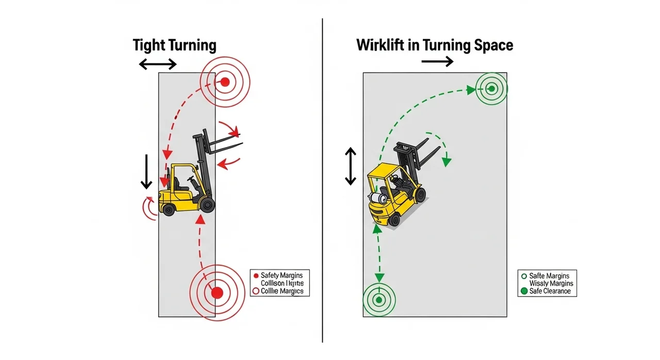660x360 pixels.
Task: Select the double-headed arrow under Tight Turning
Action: pyautogui.click(x=158, y=64)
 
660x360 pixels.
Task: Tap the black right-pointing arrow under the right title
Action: pyautogui.click(x=437, y=62)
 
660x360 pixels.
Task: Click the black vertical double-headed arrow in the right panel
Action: pyautogui.click(x=351, y=166)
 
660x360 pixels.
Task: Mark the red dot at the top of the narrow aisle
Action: pyautogui.click(x=225, y=81)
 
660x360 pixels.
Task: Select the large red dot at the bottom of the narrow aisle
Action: pyautogui.click(x=217, y=293)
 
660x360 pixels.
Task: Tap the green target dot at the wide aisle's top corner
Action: pyautogui.click(x=492, y=89)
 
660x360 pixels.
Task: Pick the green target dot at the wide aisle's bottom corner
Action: pyautogui.click(x=379, y=300)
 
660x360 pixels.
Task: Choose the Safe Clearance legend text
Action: pyautogui.click(x=550, y=291)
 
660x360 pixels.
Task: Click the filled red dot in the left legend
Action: pyautogui.click(x=255, y=275)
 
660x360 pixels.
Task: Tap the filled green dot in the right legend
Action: pyautogui.click(x=524, y=291)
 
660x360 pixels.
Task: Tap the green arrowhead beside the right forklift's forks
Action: pyautogui.click(x=447, y=161)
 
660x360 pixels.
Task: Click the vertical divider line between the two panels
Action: pyautogui.click(x=322, y=181)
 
